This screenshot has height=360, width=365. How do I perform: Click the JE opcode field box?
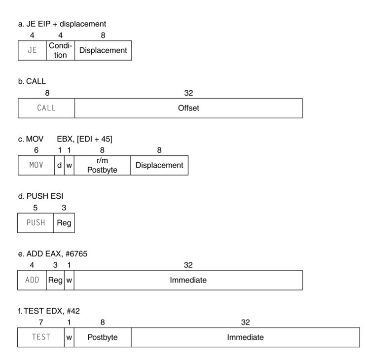pos(32,50)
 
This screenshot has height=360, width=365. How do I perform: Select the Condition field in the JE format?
pos(60,50)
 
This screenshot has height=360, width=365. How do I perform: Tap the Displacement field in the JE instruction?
pos(103,50)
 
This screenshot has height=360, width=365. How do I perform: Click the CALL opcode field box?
pos(46,108)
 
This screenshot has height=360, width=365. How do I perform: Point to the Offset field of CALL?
pos(188,108)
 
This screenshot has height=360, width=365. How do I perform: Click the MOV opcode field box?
pos(36,165)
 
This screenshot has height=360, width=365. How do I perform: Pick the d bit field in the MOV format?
pos(59,165)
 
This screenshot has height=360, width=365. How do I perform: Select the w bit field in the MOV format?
pos(69,165)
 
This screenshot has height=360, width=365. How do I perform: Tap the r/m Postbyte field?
pos(103,165)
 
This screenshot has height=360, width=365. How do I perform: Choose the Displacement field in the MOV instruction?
pos(159,165)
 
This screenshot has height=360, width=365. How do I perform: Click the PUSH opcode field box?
pos(36,223)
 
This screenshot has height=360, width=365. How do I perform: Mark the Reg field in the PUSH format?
pos(64,223)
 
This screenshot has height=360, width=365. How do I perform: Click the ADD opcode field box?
pos(32,280)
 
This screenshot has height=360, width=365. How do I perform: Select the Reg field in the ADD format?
pos(55,280)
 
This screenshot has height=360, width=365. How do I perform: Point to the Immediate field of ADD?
pos(188,280)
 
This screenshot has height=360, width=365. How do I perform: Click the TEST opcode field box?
pos(41,337)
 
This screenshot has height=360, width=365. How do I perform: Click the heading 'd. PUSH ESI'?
pos(40,196)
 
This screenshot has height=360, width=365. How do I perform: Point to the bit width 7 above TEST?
pos(41,322)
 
